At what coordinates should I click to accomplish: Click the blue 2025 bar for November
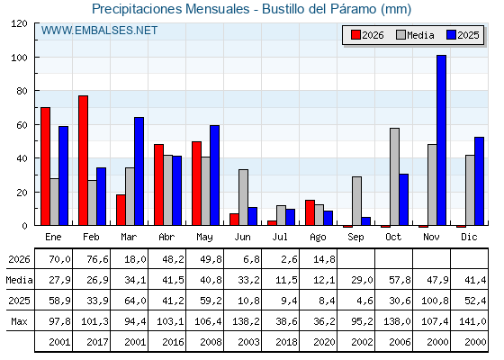[x=441, y=140]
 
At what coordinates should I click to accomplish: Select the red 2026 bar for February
[x=83, y=160]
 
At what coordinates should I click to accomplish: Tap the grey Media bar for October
[x=395, y=176]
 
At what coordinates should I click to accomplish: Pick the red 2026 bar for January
[x=45, y=166]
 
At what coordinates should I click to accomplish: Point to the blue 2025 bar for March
[x=139, y=171]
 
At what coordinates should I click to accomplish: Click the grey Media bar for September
[x=356, y=201]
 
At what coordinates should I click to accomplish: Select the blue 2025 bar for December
[x=479, y=181]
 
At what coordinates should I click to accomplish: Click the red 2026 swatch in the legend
[x=355, y=35]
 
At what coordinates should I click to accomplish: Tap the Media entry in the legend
[x=415, y=35]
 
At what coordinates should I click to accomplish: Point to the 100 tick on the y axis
[x=36, y=58]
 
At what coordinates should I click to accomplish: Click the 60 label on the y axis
[x=22, y=125]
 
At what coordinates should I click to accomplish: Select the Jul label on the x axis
[x=280, y=237]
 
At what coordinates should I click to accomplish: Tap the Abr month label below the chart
[x=166, y=237]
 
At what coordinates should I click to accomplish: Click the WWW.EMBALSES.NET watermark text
[x=99, y=31]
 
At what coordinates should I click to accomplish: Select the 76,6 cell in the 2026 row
[x=97, y=259]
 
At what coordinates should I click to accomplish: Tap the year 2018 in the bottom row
[x=286, y=342]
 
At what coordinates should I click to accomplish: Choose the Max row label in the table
[x=19, y=321]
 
